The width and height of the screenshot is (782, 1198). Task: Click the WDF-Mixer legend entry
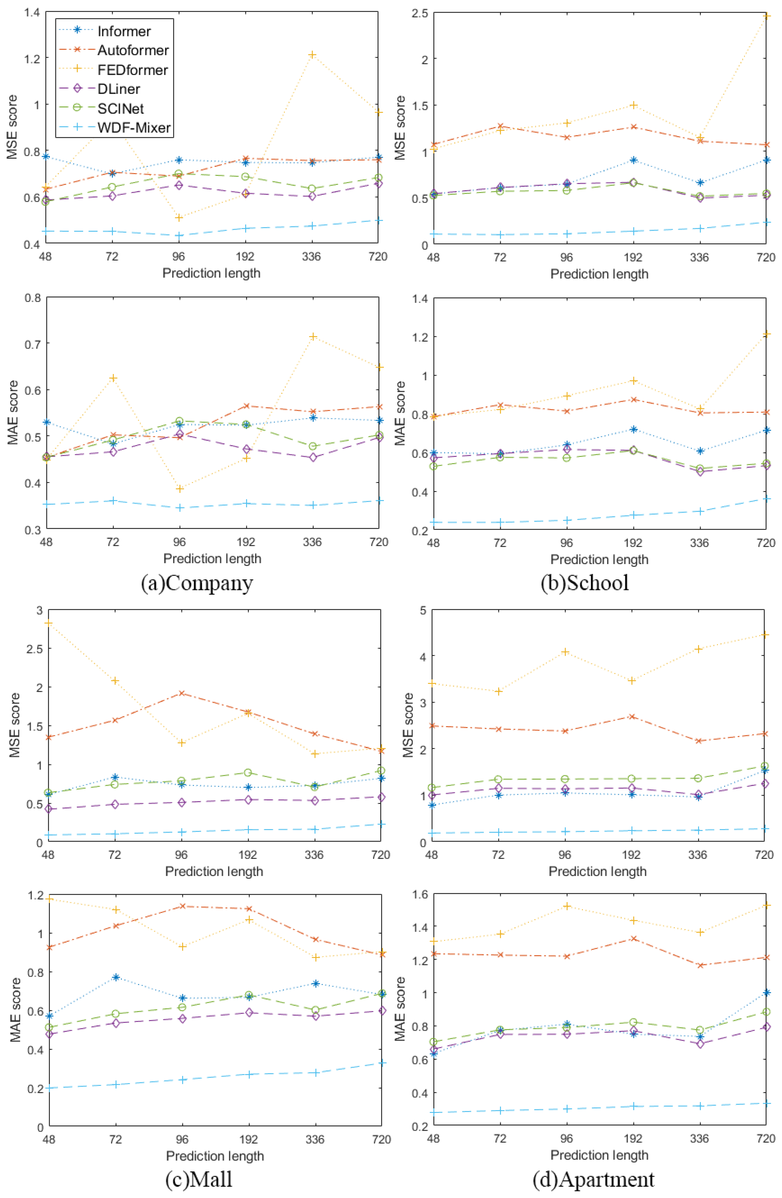[x=134, y=128]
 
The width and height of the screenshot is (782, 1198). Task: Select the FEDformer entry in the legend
[x=132, y=69]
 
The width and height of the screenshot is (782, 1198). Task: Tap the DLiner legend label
[x=119, y=89]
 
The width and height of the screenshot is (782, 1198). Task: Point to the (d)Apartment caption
[x=594, y=1179]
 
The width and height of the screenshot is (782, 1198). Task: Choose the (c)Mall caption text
[x=199, y=1179]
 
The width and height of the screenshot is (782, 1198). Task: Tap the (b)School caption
[x=585, y=583]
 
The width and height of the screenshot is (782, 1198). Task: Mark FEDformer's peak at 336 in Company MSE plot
[x=312, y=54]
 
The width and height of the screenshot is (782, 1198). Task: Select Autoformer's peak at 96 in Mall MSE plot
[x=181, y=693]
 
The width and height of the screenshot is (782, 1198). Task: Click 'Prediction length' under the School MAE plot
[x=599, y=559]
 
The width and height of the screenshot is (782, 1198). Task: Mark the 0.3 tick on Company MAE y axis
[x=33, y=529]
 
